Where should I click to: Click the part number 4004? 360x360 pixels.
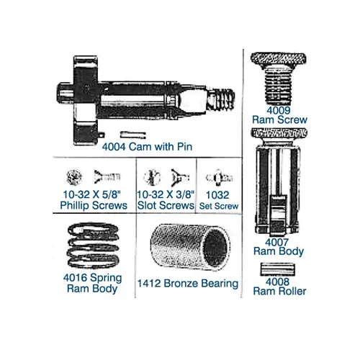(x=114, y=147)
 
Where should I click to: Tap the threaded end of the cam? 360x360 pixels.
(x=221, y=99)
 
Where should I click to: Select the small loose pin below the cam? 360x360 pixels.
(x=133, y=135)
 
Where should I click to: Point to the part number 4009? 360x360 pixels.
(x=279, y=110)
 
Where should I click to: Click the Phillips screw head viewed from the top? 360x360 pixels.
(x=74, y=177)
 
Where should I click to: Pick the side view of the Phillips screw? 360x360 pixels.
(x=107, y=177)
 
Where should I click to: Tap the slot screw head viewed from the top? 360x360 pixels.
(x=152, y=178)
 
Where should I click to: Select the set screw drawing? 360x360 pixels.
(x=219, y=178)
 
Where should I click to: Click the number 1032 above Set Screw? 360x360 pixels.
(x=217, y=195)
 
